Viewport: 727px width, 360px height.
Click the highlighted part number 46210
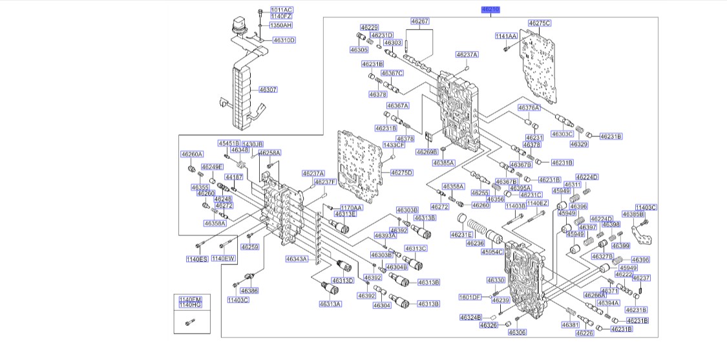[x=490, y=10]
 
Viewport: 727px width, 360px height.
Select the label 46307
[x=268, y=90]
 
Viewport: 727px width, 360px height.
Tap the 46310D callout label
[x=284, y=40]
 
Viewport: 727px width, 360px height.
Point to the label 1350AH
[x=281, y=25]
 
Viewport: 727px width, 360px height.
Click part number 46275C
[x=540, y=23]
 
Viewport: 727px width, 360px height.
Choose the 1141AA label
[x=506, y=36]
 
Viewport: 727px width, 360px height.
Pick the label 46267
[x=420, y=21]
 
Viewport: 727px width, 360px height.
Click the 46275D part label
[x=401, y=173]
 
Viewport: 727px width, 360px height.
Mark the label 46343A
[x=297, y=259]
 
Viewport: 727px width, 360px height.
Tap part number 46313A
[x=331, y=304]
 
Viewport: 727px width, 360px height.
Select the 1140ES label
[x=196, y=259]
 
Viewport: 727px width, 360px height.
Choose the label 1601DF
[x=470, y=297]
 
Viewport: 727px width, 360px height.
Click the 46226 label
[x=585, y=333]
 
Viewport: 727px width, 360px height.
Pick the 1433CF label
[x=394, y=145]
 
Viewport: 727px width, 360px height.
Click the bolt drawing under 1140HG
[x=190, y=323]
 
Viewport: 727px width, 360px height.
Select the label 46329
[x=578, y=144]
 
